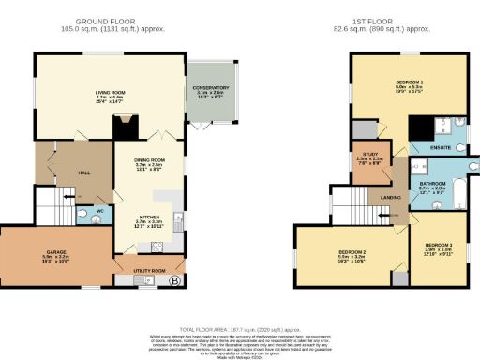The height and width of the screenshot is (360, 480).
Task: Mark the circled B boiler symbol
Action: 173,279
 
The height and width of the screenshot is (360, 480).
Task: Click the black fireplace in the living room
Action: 130,122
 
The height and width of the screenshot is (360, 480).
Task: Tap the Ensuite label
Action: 441,148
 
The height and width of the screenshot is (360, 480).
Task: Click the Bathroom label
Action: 432,184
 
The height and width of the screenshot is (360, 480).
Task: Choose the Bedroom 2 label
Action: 352,253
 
